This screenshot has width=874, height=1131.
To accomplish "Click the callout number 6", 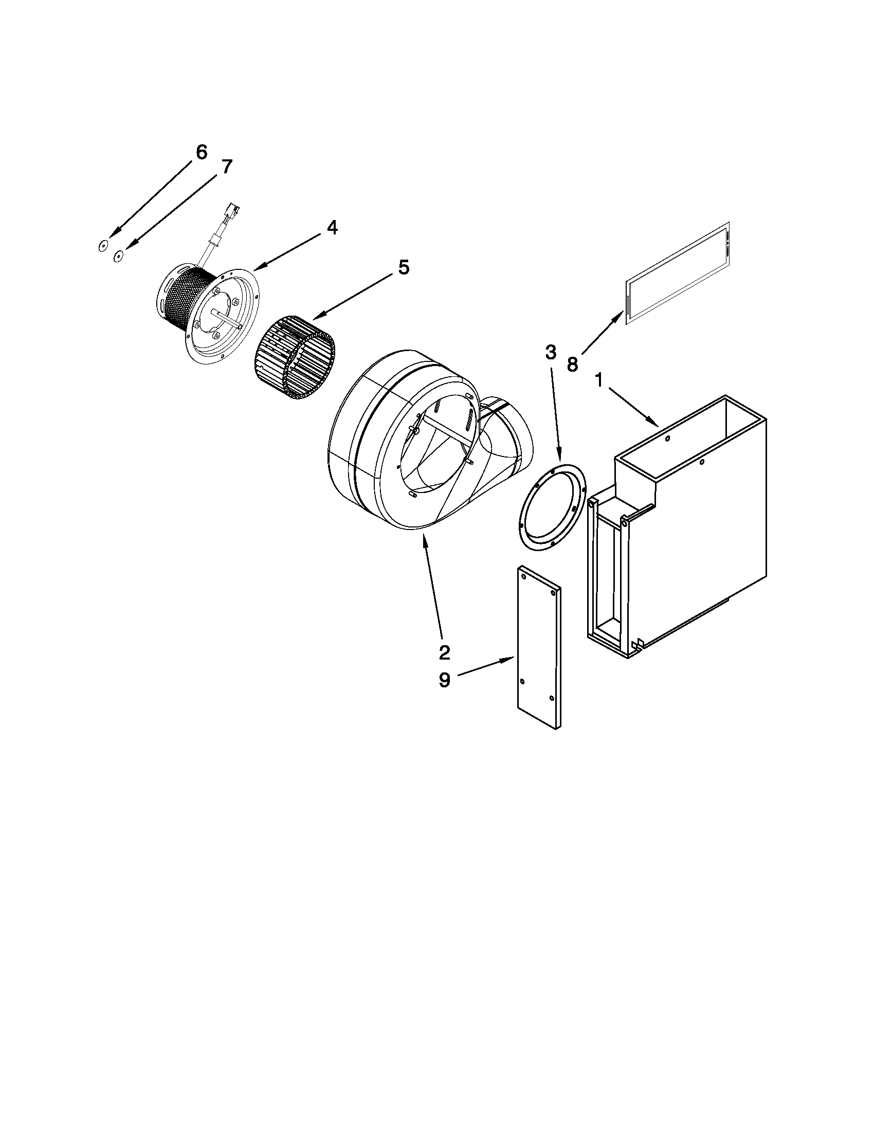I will pos(202,152).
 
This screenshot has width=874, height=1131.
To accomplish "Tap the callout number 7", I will pos(227,167).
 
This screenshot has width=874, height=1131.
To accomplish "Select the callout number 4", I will pos(332,227).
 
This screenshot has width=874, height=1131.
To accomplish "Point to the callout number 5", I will pos(404,267).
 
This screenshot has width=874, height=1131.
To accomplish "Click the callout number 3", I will pos(551,353).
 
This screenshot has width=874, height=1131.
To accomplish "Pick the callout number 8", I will pos(572,364).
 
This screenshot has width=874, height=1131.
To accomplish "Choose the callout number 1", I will pos(598,381).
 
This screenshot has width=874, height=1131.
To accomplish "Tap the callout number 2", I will pos(444,653).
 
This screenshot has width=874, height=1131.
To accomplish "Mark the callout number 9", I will pos(444,681).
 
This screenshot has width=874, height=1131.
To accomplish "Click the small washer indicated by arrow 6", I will pos(103,246).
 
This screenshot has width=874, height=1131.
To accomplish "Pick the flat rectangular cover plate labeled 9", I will pos(538,647).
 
